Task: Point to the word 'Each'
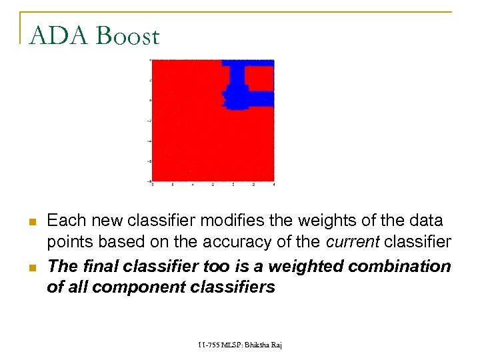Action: tap(64, 220)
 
